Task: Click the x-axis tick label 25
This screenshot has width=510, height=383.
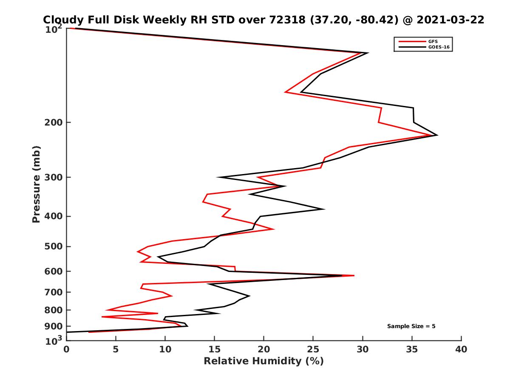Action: (313, 349)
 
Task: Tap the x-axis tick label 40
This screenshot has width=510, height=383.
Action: (461, 349)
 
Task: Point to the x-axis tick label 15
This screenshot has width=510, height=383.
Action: (214, 349)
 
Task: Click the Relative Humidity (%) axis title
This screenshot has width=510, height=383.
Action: (263, 361)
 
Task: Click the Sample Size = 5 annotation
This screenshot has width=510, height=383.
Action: (411, 326)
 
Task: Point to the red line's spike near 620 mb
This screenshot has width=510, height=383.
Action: (354, 276)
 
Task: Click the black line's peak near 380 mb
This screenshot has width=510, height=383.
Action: (324, 209)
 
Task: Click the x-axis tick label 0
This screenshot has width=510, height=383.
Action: (66, 349)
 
